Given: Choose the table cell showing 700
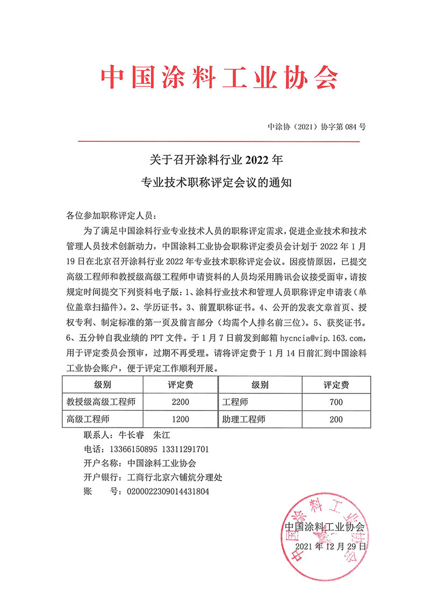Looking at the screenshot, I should [x=336, y=402].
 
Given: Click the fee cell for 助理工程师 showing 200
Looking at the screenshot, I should [x=336, y=419].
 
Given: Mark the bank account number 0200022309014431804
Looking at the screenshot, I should [x=167, y=491].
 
